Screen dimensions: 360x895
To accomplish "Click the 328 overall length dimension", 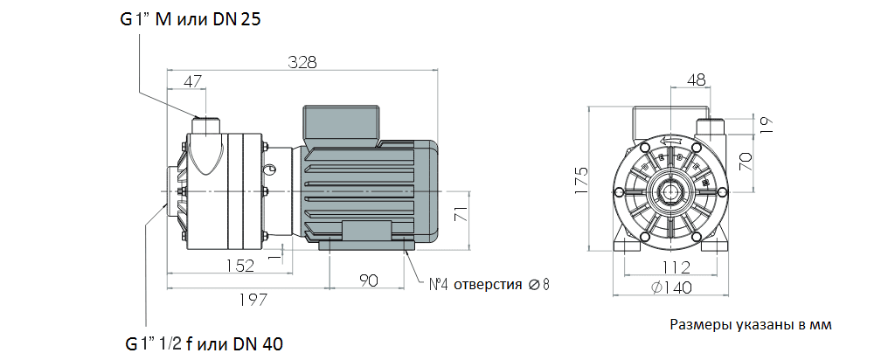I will tap(302, 62).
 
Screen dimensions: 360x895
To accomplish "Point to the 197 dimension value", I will tap(253, 300).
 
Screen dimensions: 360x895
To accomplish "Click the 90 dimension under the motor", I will tap(367, 280).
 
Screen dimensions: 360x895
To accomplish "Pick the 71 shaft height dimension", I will tap(464, 213).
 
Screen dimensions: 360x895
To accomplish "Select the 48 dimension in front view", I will tap(697, 80).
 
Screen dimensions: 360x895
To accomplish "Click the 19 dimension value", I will tap(767, 124).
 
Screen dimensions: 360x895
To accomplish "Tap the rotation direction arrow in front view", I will tap(671, 140).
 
